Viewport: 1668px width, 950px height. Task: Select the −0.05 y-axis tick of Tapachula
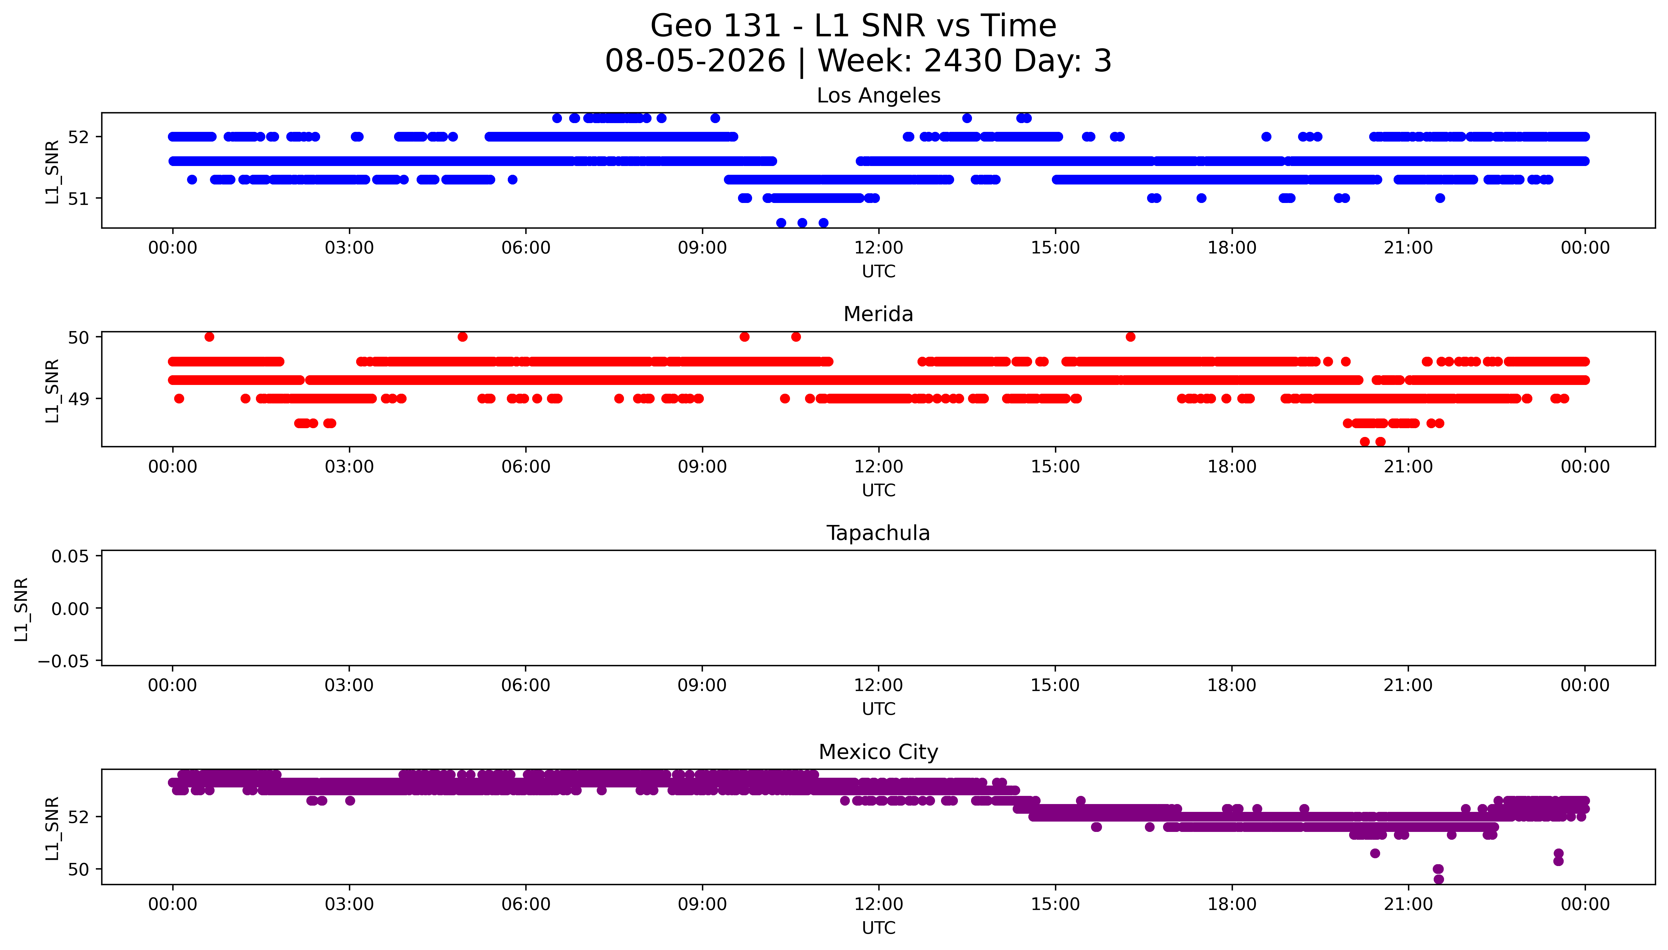pyautogui.click(x=63, y=662)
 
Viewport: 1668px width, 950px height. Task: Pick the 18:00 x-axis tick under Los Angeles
pyautogui.click(x=1232, y=248)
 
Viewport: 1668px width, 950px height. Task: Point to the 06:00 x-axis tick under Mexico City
pyautogui.click(x=526, y=904)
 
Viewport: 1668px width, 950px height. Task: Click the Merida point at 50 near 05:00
pyautogui.click(x=463, y=337)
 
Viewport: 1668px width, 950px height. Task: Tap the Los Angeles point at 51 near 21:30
pyautogui.click(x=1440, y=198)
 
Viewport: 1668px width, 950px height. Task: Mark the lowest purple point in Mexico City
pyautogui.click(x=1438, y=880)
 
